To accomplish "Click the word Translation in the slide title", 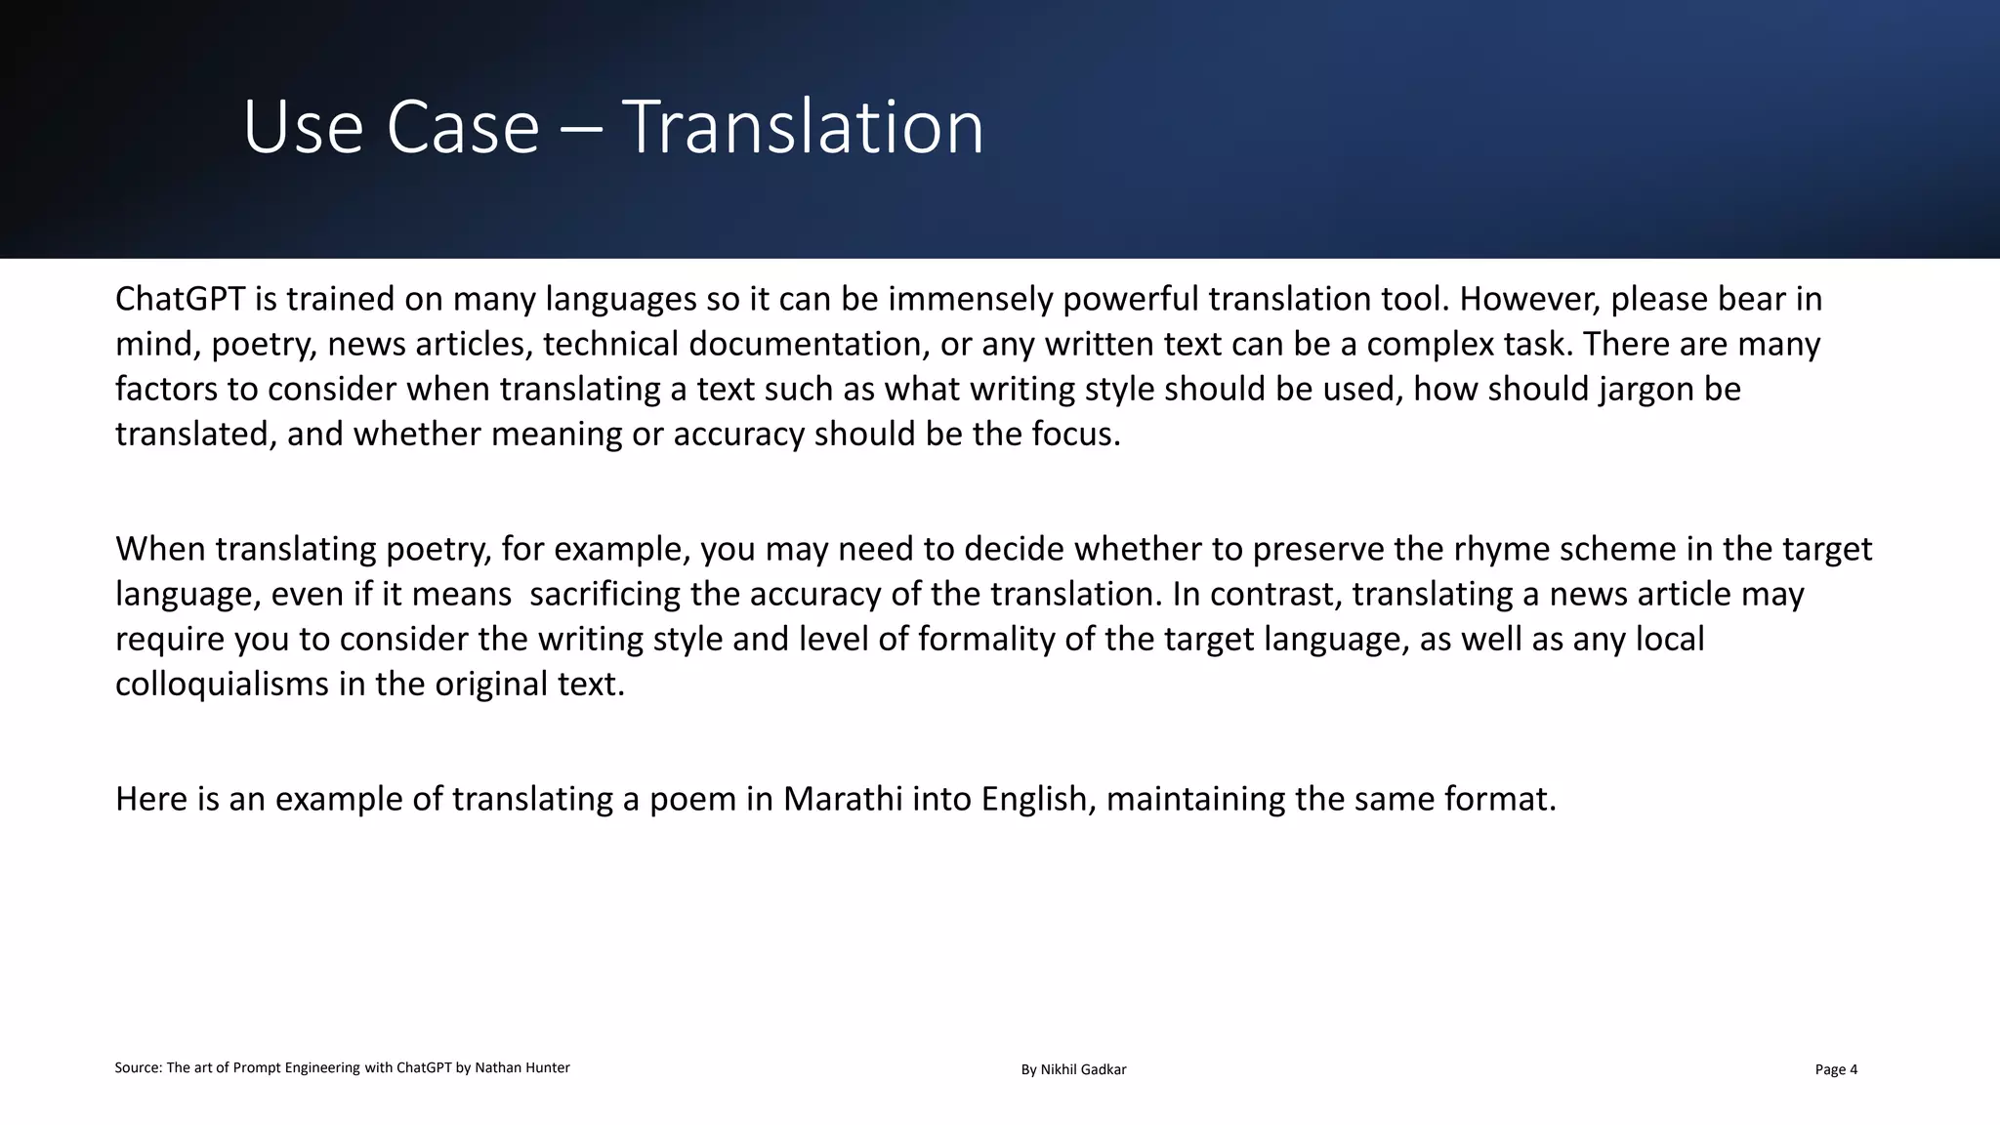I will tap(803, 127).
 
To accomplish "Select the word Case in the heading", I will tap(463, 127).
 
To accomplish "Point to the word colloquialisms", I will tap(222, 684).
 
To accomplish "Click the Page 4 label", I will tap(1836, 1070).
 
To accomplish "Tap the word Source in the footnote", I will tap(138, 1068).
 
